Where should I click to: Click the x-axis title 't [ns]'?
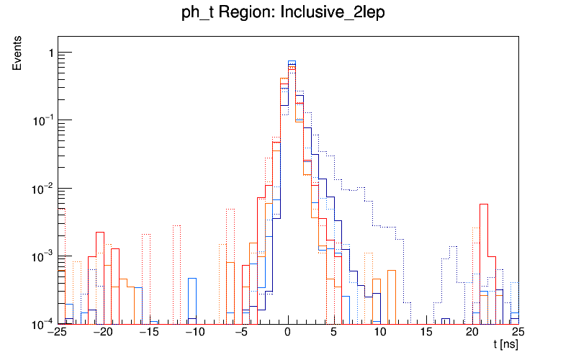coord(505,346)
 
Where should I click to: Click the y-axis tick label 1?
coord(50,53)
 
